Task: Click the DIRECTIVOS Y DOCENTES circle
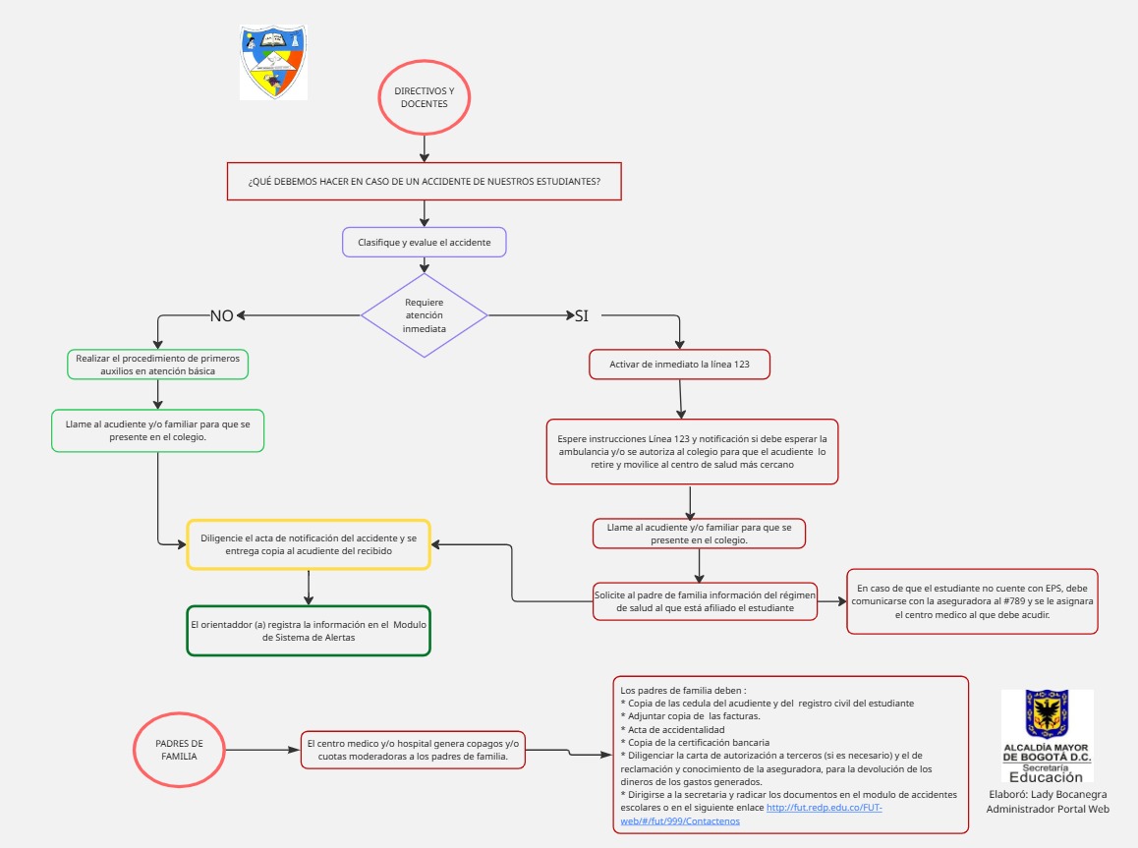[424, 96]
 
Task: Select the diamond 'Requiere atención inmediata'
[424, 315]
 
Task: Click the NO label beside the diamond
[221, 315]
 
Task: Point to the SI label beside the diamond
[581, 315]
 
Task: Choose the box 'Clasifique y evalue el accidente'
[424, 242]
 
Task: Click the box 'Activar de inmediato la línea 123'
[679, 365]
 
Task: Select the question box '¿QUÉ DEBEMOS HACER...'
[424, 182]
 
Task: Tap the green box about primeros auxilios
[157, 365]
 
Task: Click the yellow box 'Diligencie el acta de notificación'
[309, 544]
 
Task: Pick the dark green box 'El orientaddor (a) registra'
[309, 630]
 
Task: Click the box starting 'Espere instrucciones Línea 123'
[692, 451]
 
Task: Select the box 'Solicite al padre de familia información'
[706, 600]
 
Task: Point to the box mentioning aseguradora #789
[972, 600]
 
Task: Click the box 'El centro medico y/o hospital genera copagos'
[413, 750]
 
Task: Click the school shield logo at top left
[273, 61]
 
